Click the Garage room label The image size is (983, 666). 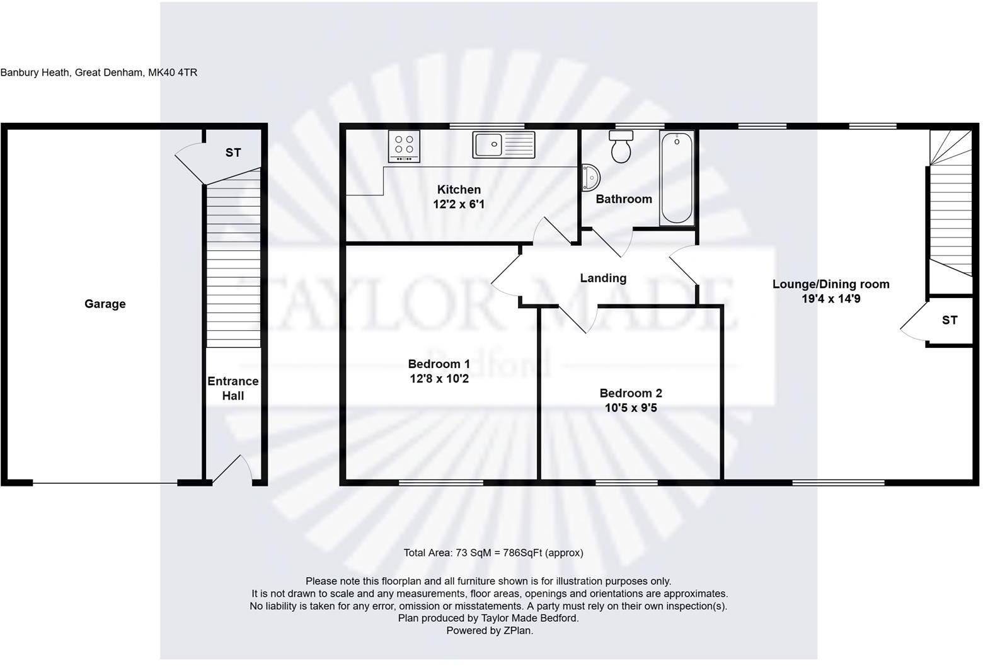pyautogui.click(x=105, y=304)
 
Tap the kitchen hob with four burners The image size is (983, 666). pyautogui.click(x=404, y=147)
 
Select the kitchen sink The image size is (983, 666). pyautogui.click(x=503, y=145)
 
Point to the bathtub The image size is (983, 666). pyautogui.click(x=677, y=178)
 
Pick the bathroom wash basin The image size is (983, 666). pyautogui.click(x=590, y=178)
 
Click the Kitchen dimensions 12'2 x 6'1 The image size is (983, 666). pyautogui.click(x=459, y=204)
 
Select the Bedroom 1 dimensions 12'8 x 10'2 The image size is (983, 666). pyautogui.click(x=439, y=379)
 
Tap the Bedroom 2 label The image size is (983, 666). pyautogui.click(x=630, y=393)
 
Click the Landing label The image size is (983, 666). pyautogui.click(x=603, y=278)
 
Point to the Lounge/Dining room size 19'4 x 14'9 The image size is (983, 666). pyautogui.click(x=831, y=299)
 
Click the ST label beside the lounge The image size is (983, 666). pyautogui.click(x=950, y=320)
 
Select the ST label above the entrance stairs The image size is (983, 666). pyautogui.click(x=233, y=152)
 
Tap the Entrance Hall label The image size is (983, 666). pyautogui.click(x=233, y=388)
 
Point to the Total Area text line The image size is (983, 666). pyautogui.click(x=493, y=553)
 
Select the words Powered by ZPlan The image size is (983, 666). pyautogui.click(x=490, y=630)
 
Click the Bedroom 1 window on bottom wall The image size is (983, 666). pyautogui.click(x=440, y=483)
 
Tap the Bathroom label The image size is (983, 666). pyautogui.click(x=623, y=199)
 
